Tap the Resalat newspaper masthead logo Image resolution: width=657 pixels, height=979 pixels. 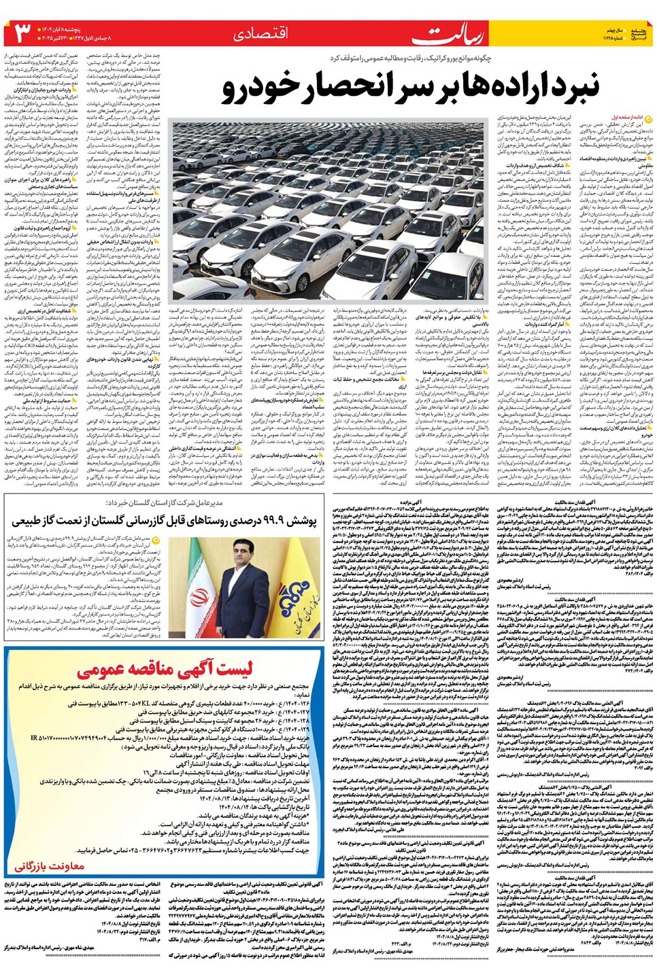435,34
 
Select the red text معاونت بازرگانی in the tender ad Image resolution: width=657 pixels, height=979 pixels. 50,865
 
